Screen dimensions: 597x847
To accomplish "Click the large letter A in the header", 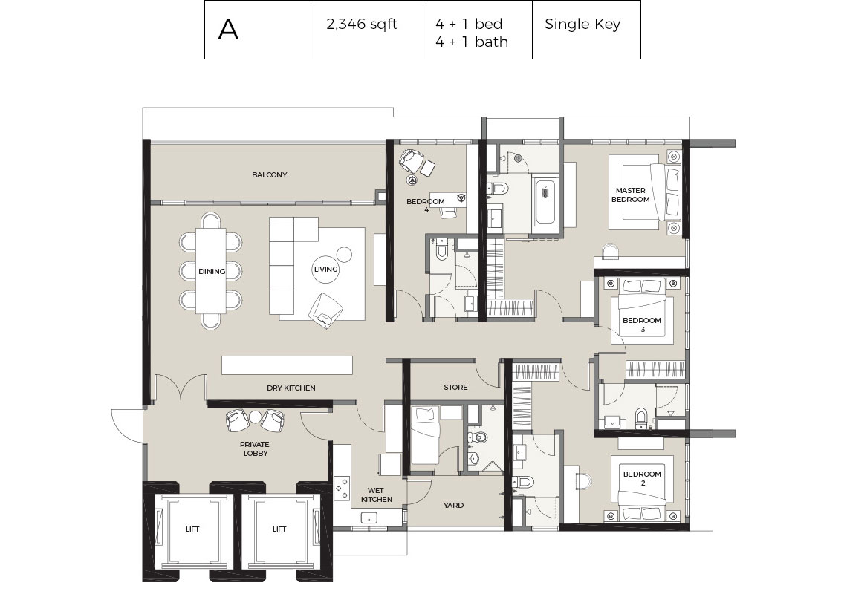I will click(x=228, y=30).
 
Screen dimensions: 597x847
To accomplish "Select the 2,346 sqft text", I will click(x=362, y=25).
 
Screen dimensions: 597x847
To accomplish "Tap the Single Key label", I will click(x=582, y=25).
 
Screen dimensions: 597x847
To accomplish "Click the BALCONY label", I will click(x=269, y=175).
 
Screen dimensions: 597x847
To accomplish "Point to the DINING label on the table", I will click(x=212, y=272).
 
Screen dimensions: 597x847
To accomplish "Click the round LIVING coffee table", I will click(x=326, y=270).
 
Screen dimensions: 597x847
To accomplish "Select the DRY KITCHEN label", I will click(x=291, y=388).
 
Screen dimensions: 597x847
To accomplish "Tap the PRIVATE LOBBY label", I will click(x=254, y=448).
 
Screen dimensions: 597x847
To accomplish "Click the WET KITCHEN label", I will click(x=377, y=495).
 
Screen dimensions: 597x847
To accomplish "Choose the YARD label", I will click(x=453, y=506).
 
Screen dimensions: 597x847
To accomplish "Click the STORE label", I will click(x=455, y=388).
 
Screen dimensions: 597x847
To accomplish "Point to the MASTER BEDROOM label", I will click(x=630, y=195).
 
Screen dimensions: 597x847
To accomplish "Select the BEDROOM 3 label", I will click(x=641, y=324).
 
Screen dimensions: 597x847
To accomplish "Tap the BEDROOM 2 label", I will click(x=641, y=478).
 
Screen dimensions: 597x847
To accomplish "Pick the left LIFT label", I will click(x=192, y=529).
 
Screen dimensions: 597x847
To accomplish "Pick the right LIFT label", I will click(x=279, y=529).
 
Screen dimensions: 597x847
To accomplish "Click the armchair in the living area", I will click(x=325, y=308).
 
